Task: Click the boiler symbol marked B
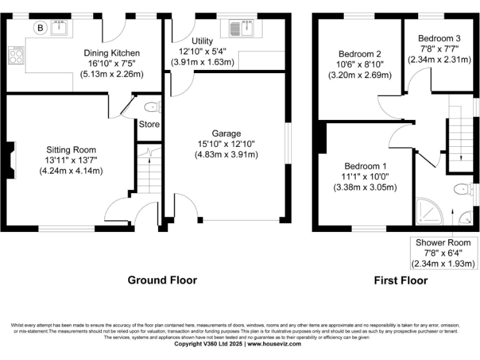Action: [41, 27]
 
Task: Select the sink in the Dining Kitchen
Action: [61, 27]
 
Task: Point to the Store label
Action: [149, 124]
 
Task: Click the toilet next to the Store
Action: [152, 106]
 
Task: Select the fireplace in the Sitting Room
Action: [12, 161]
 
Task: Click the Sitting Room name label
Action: [71, 149]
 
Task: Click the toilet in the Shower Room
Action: [463, 189]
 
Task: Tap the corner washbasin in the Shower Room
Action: [466, 218]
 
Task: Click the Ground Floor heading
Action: [162, 280]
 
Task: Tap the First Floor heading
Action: [401, 280]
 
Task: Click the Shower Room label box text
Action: [442, 242]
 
